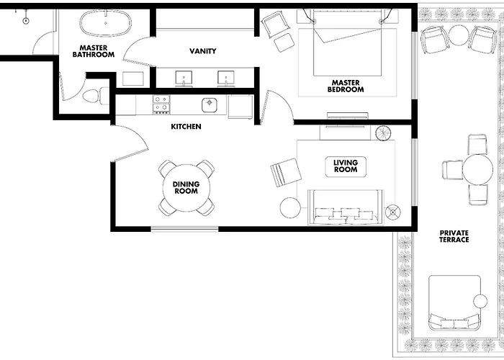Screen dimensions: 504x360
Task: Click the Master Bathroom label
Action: click(x=93, y=51)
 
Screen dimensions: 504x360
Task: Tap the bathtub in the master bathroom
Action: click(x=105, y=23)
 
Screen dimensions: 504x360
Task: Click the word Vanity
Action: click(x=202, y=51)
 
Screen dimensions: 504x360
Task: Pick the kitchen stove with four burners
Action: click(x=161, y=104)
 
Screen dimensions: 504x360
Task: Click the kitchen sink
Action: click(x=210, y=105)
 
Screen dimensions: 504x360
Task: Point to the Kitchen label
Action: click(x=186, y=127)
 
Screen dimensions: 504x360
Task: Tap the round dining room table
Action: click(x=186, y=188)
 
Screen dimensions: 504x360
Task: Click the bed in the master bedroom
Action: click(x=348, y=42)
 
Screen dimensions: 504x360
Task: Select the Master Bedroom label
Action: click(x=346, y=86)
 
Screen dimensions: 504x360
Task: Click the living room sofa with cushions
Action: click(x=346, y=207)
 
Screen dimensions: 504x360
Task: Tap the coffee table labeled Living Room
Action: click(x=346, y=166)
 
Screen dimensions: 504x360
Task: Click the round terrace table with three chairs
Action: click(x=477, y=169)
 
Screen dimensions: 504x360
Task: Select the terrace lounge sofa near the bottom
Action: click(x=454, y=303)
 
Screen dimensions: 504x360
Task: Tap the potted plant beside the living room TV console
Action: click(x=383, y=133)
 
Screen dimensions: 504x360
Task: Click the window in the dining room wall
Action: click(x=184, y=229)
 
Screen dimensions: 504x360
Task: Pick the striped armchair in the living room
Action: click(x=286, y=173)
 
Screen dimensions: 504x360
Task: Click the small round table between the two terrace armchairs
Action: click(x=459, y=35)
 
